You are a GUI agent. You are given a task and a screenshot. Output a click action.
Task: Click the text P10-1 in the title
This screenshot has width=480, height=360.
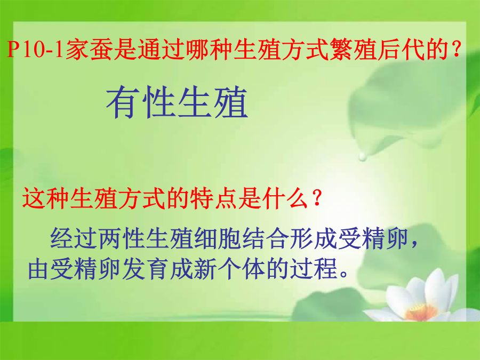click(35, 50)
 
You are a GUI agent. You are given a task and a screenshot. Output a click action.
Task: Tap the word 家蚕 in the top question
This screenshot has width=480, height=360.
click(89, 50)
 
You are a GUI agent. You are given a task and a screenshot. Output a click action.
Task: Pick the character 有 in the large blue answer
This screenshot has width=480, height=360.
click(123, 102)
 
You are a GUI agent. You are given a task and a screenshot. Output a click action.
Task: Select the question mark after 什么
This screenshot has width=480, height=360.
click(317, 198)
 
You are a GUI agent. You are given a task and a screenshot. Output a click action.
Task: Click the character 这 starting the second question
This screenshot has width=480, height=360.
click(34, 198)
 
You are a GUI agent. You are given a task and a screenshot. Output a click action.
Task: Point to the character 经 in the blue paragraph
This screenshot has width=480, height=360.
click(62, 238)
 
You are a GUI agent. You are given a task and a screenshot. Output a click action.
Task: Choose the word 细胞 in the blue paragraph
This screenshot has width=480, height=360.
click(218, 238)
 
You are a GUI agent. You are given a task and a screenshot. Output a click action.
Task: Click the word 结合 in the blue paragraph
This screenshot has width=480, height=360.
click(266, 238)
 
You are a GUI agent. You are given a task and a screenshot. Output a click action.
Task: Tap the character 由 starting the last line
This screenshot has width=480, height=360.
click(39, 269)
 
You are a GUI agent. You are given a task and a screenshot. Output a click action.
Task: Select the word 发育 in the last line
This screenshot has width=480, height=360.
click(146, 269)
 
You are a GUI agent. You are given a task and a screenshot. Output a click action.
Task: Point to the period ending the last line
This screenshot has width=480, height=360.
click(344, 274)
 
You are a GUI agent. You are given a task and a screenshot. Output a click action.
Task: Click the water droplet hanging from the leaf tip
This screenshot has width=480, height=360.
click(363, 156)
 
